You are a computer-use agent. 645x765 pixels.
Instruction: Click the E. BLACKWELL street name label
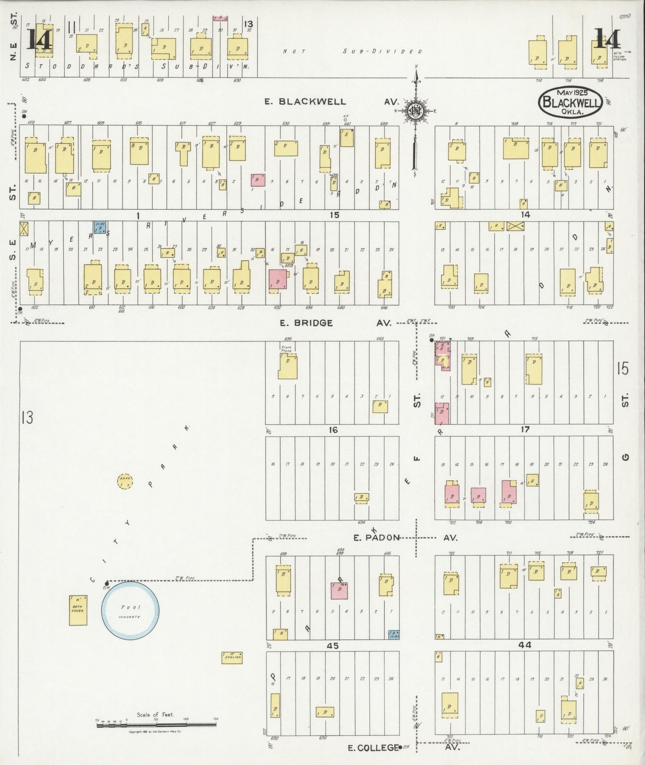click(x=305, y=102)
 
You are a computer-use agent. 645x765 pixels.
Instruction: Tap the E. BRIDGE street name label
click(x=306, y=323)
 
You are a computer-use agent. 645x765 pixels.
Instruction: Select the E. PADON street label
click(x=376, y=538)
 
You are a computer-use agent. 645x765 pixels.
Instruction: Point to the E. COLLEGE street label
click(x=372, y=748)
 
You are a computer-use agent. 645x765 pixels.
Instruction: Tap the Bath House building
click(x=78, y=610)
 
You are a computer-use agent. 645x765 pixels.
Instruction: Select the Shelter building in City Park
click(x=232, y=657)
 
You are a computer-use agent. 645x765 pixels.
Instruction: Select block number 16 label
click(x=333, y=430)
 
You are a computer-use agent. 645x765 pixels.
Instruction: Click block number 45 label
click(x=333, y=646)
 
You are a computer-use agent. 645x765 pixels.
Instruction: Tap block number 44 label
click(x=525, y=645)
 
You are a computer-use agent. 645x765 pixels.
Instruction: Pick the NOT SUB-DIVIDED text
click(x=353, y=51)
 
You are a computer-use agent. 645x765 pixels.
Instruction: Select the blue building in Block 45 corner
click(x=394, y=635)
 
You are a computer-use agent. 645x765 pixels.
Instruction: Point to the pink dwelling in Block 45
click(x=339, y=590)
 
